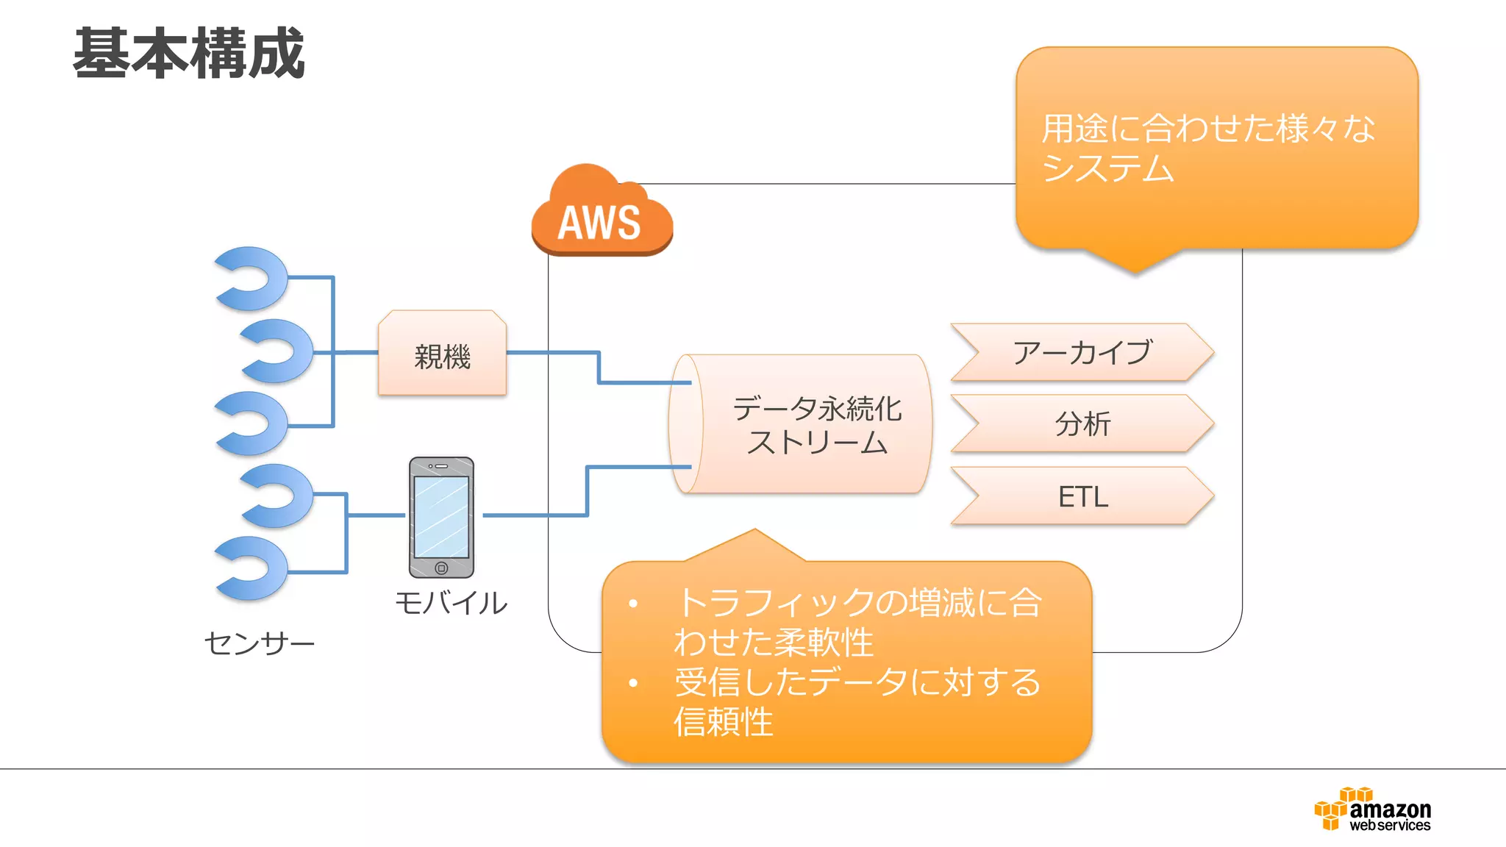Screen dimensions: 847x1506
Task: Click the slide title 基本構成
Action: [x=188, y=53]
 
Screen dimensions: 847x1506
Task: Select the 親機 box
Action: [x=442, y=354]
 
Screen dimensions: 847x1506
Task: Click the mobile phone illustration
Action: [x=441, y=517]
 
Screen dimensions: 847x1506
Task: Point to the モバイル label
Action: [x=451, y=603]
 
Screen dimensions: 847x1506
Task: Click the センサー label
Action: [x=259, y=643]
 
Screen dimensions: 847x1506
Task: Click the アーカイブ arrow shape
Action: [x=1081, y=352]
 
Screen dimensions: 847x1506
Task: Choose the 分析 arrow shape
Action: [x=1081, y=423]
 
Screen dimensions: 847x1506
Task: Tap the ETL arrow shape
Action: [x=1081, y=496]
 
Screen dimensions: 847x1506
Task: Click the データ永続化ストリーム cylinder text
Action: [x=816, y=425]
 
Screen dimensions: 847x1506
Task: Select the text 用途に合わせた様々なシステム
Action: [x=1206, y=147]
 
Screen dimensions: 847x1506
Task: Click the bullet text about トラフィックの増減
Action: [x=857, y=622]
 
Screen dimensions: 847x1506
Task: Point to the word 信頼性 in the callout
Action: [x=724, y=722]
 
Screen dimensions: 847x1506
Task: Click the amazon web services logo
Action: [x=1373, y=810]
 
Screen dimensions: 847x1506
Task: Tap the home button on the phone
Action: [x=441, y=568]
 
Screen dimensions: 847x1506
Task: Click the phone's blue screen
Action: [x=441, y=516]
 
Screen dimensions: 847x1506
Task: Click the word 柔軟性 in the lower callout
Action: [x=824, y=643]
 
